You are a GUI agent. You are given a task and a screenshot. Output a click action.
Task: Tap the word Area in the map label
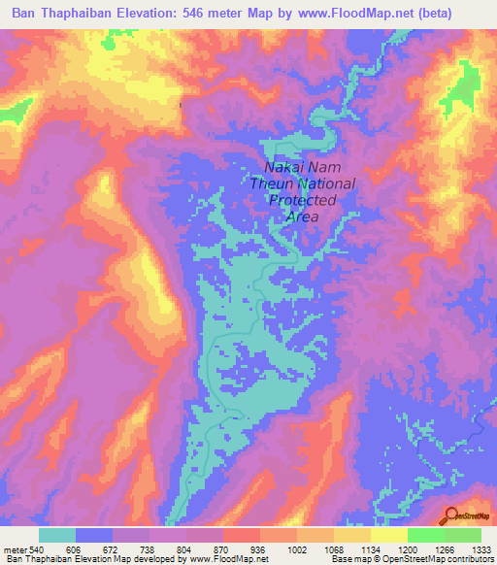303,216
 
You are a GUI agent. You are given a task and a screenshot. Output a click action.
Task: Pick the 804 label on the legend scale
186,550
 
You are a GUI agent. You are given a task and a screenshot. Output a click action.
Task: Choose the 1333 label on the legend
481,550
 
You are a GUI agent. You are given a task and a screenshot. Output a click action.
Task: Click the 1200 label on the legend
408,550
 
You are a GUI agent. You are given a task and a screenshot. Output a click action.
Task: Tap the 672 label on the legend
112,550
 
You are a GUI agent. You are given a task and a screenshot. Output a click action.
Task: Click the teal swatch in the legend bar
57,535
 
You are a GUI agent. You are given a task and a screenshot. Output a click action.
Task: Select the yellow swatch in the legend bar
388,535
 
